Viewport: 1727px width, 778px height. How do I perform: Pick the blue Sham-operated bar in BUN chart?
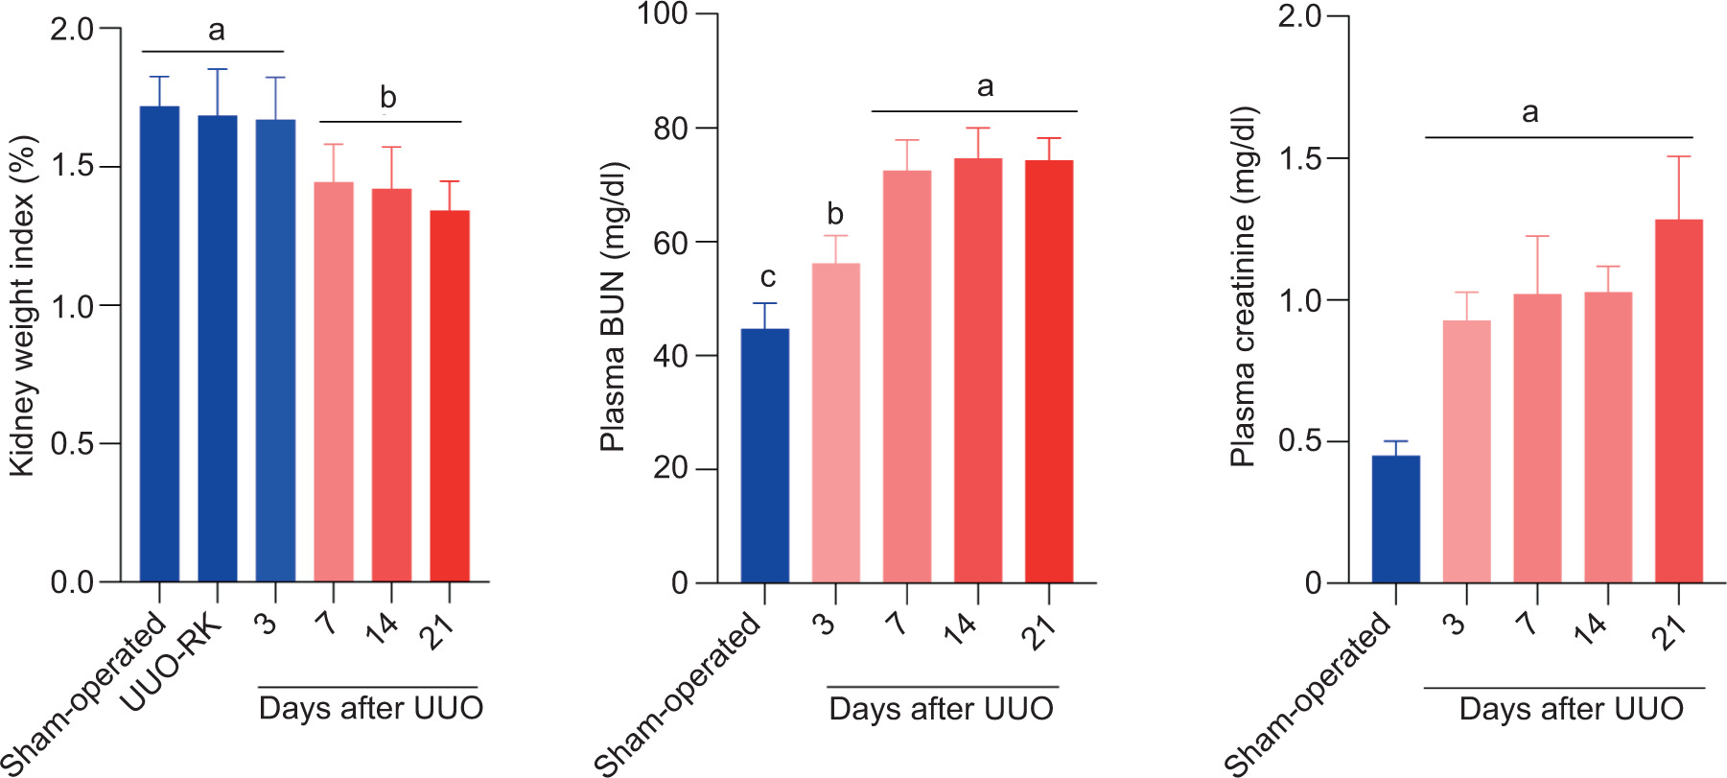[x=765, y=455]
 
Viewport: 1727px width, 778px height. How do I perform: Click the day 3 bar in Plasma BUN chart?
[x=835, y=422]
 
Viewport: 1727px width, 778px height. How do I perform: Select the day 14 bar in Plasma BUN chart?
[x=978, y=370]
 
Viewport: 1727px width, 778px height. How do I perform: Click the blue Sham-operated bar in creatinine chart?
[x=1396, y=519]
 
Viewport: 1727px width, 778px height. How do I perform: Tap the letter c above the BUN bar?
[x=767, y=277]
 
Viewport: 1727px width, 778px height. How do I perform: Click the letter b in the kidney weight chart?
[x=387, y=98]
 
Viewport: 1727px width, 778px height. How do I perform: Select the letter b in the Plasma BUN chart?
[x=835, y=214]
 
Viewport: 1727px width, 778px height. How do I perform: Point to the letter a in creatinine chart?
[x=1530, y=113]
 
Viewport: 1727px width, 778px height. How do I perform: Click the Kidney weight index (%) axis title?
[x=22, y=305]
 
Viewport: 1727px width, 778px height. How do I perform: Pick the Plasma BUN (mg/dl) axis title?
[x=612, y=307]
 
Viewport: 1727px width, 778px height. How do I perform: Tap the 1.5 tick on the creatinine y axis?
[x=1300, y=158]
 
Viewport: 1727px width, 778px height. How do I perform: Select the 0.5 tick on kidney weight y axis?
[x=73, y=444]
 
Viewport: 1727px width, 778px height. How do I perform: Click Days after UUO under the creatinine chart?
[x=1571, y=709]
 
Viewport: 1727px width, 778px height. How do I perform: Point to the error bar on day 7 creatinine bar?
[x=1537, y=264]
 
